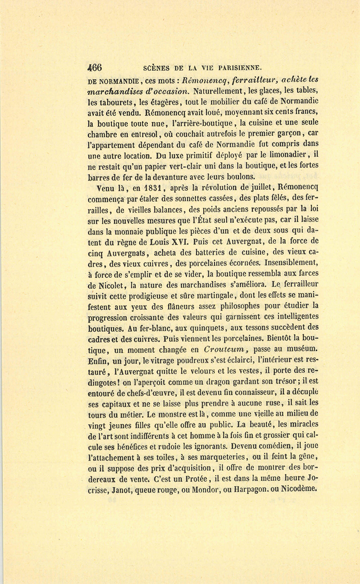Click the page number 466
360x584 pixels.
point(95,67)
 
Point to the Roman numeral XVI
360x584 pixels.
point(180,242)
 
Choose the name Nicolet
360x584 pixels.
point(110,285)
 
